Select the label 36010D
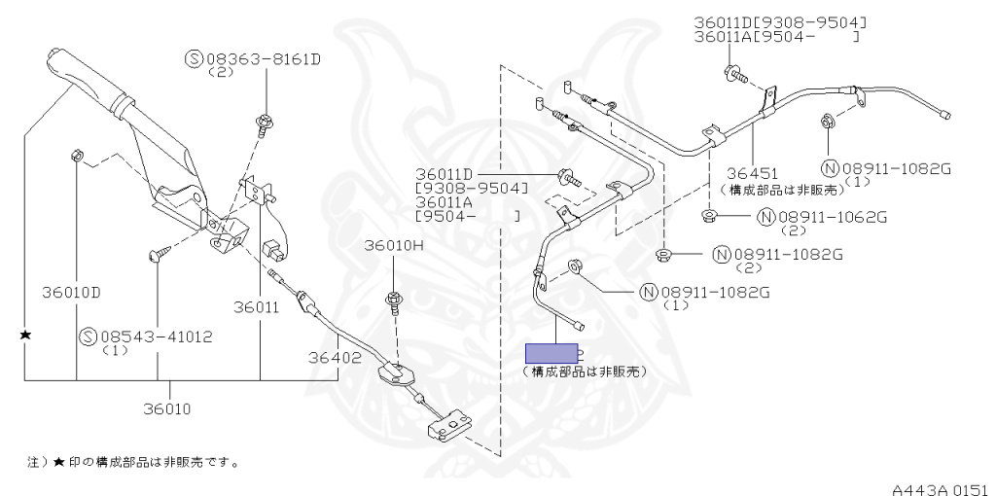72,293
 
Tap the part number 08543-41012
157,337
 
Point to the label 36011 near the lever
256,307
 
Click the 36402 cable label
335,358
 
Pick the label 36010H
393,246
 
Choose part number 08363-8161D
263,59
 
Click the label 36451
753,173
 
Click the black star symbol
25,334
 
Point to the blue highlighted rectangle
551,353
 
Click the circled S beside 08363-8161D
195,59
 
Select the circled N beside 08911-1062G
766,217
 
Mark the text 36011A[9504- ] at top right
776,37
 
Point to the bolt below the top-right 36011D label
734,74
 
